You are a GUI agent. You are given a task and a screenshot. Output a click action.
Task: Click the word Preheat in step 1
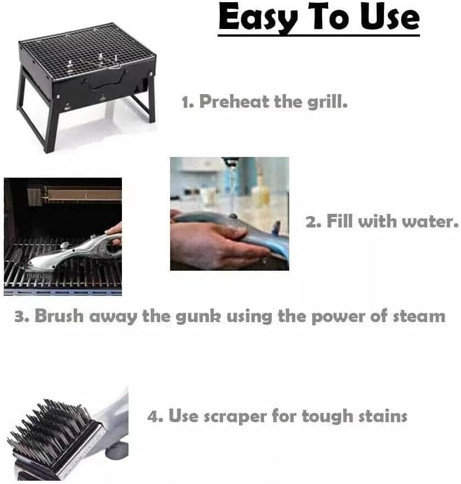tap(234, 101)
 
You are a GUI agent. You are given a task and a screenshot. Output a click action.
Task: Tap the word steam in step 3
tap(419, 316)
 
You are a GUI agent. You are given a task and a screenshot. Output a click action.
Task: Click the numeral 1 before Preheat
tap(186, 101)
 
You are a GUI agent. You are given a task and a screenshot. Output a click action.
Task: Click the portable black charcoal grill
tap(87, 82)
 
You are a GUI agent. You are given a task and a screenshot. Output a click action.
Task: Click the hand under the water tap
tap(213, 243)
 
